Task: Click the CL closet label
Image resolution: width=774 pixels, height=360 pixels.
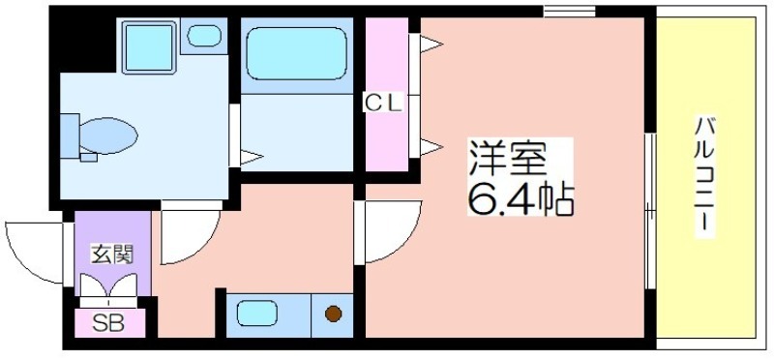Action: (384, 103)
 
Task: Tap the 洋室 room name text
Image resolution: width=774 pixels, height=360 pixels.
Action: (507, 160)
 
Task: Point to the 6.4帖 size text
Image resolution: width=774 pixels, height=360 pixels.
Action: (521, 199)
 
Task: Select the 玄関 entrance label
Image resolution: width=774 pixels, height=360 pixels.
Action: (112, 255)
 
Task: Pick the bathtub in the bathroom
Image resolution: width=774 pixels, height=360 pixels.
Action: (296, 53)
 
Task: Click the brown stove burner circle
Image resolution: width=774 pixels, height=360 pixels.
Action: (334, 314)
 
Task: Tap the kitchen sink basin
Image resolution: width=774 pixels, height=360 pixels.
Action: (256, 314)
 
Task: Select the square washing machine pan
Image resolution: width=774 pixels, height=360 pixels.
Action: (149, 47)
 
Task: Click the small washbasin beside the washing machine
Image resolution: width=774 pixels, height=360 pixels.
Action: (203, 36)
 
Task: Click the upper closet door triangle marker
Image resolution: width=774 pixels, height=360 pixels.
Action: (431, 44)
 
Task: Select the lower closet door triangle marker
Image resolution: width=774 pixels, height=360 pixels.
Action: (431, 147)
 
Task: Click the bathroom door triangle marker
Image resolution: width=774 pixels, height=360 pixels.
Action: (252, 158)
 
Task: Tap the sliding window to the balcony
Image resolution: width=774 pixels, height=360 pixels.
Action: (651, 211)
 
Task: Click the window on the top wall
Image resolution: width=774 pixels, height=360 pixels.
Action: (570, 11)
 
